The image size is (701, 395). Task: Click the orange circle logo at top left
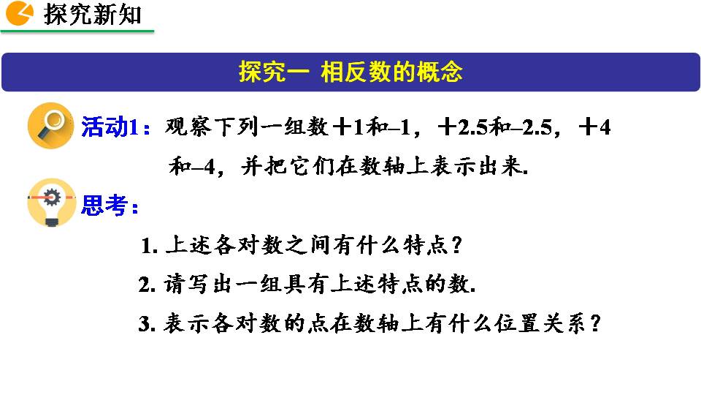tap(19, 13)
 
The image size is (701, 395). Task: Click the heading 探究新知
tap(93, 15)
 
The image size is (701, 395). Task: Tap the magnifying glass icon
tap(50, 125)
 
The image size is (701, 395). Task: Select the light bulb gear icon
tap(51, 202)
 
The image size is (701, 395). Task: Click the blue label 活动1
tap(110, 127)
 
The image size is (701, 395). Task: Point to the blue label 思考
tap(104, 206)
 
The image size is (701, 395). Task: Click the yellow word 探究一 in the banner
tap(274, 72)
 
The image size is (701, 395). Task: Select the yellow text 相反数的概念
tap(391, 72)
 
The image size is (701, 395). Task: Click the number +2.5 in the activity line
tap(463, 127)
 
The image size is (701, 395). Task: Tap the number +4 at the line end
tap(594, 127)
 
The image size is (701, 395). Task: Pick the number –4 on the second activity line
tap(204, 167)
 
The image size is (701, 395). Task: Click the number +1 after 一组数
tap(349, 127)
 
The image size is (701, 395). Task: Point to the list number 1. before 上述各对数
tap(149, 246)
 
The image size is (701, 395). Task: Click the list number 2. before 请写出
tap(147, 285)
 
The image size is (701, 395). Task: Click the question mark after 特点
tap(456, 245)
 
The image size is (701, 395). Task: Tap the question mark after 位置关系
tap(595, 323)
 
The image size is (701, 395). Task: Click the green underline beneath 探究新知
tap(77, 31)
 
